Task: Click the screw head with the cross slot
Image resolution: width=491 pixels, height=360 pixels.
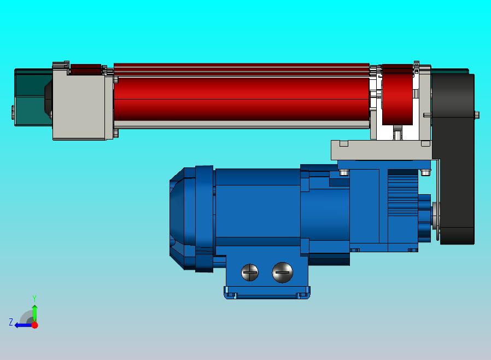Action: click(x=250, y=272)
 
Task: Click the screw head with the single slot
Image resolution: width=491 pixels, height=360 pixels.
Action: click(x=283, y=272)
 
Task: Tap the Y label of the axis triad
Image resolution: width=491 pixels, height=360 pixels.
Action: click(x=34, y=298)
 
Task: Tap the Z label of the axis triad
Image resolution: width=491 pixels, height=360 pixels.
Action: click(x=11, y=322)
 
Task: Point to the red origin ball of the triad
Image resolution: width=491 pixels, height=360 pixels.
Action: click(x=35, y=325)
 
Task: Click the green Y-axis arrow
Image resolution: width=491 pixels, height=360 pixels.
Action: click(x=35, y=313)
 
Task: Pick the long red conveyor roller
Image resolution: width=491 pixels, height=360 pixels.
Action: click(x=242, y=99)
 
